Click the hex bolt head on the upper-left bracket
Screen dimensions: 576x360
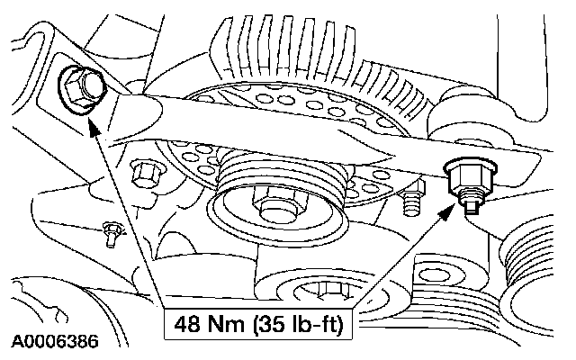[x=77, y=87]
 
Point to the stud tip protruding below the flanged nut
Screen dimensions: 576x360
[x=469, y=205]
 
